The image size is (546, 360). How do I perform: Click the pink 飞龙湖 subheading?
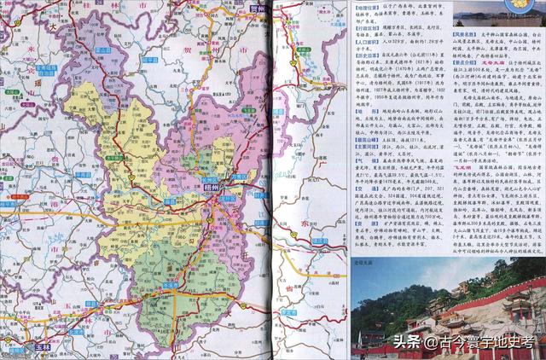(462, 167)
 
